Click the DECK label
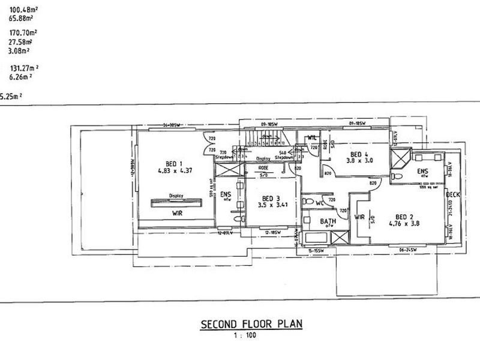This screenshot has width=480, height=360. click(x=452, y=195)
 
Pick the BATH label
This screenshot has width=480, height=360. click(x=328, y=221)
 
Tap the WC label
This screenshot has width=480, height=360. click(x=320, y=203)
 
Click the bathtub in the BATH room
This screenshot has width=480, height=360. click(x=316, y=238)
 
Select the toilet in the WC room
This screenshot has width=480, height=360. click(x=308, y=202)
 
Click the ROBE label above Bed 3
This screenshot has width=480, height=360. click(x=264, y=168)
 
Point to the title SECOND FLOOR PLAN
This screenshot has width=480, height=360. click(x=251, y=325)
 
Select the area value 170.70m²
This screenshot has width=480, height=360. click(x=20, y=32)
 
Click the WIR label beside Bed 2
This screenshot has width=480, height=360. click(x=360, y=217)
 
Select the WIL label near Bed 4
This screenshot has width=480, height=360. click(x=312, y=138)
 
